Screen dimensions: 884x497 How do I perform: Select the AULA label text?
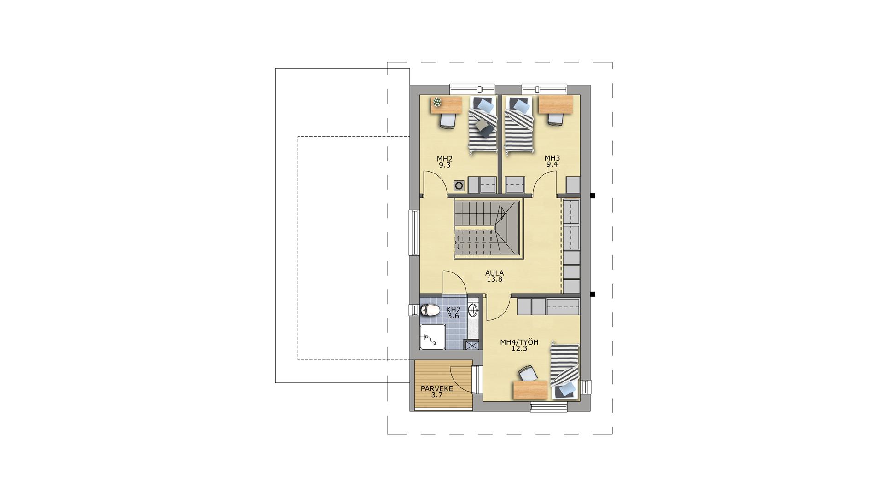click(x=494, y=273)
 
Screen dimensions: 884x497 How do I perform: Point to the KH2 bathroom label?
click(x=454, y=310)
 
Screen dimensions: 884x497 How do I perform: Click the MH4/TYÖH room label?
click(x=519, y=342)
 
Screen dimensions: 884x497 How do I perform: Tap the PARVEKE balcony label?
click(x=437, y=389)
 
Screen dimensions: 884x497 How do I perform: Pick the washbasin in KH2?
click(x=473, y=310)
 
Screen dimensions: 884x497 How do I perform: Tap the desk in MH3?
click(x=556, y=104)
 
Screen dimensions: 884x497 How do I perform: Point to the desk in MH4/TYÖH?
click(x=530, y=390)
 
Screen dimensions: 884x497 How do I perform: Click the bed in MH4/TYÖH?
click(x=564, y=371)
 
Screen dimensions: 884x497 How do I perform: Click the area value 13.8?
click(x=494, y=279)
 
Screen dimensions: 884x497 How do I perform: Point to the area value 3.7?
click(x=437, y=395)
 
